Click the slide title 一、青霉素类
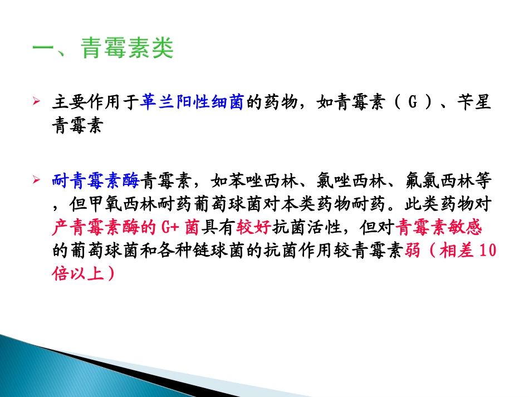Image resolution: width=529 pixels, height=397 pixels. click(104, 49)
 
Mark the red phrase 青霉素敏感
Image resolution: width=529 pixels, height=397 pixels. click(440, 228)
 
